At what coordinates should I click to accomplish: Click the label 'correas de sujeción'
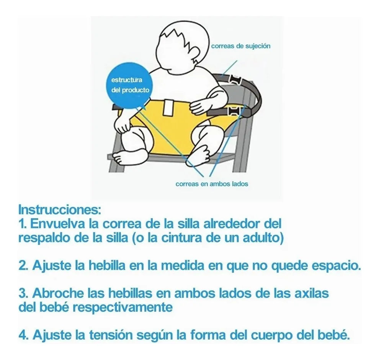[x=241, y=46]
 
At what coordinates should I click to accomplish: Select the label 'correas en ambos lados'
[x=212, y=184]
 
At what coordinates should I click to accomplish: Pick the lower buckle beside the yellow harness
[x=233, y=111]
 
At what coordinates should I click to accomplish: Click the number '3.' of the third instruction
[x=24, y=293]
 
